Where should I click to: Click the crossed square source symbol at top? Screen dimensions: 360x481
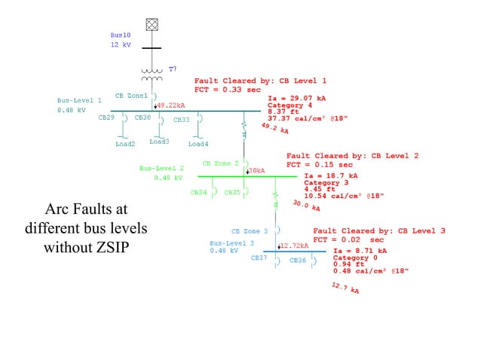(152, 24)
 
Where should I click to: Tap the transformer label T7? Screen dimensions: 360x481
(173, 69)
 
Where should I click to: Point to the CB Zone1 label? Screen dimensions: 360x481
(131, 96)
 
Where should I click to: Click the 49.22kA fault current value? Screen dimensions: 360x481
(171, 105)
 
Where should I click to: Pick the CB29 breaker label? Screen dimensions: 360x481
(106, 118)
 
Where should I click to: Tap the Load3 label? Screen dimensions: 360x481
(159, 142)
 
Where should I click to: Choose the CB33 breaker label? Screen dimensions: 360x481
(182, 119)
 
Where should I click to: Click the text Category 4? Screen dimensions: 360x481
(290, 105)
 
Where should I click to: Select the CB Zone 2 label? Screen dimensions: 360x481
(220, 163)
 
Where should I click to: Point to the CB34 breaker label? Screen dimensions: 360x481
(198, 192)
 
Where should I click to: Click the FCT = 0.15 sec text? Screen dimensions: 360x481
(319, 164)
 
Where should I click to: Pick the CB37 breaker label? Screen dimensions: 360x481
(259, 258)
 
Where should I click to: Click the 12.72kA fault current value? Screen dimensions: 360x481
(295, 246)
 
